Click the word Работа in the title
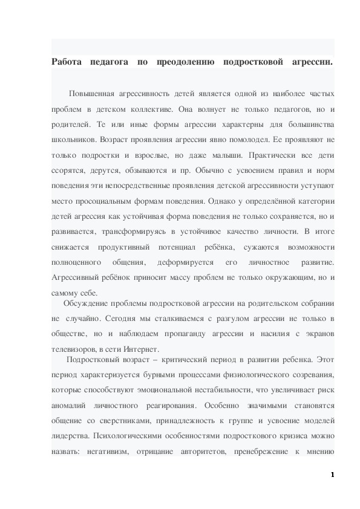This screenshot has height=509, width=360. [x=67, y=62]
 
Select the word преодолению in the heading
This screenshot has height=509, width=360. [x=186, y=62]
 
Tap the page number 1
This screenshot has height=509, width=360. [x=332, y=475]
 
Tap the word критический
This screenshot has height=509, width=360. [x=183, y=359]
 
